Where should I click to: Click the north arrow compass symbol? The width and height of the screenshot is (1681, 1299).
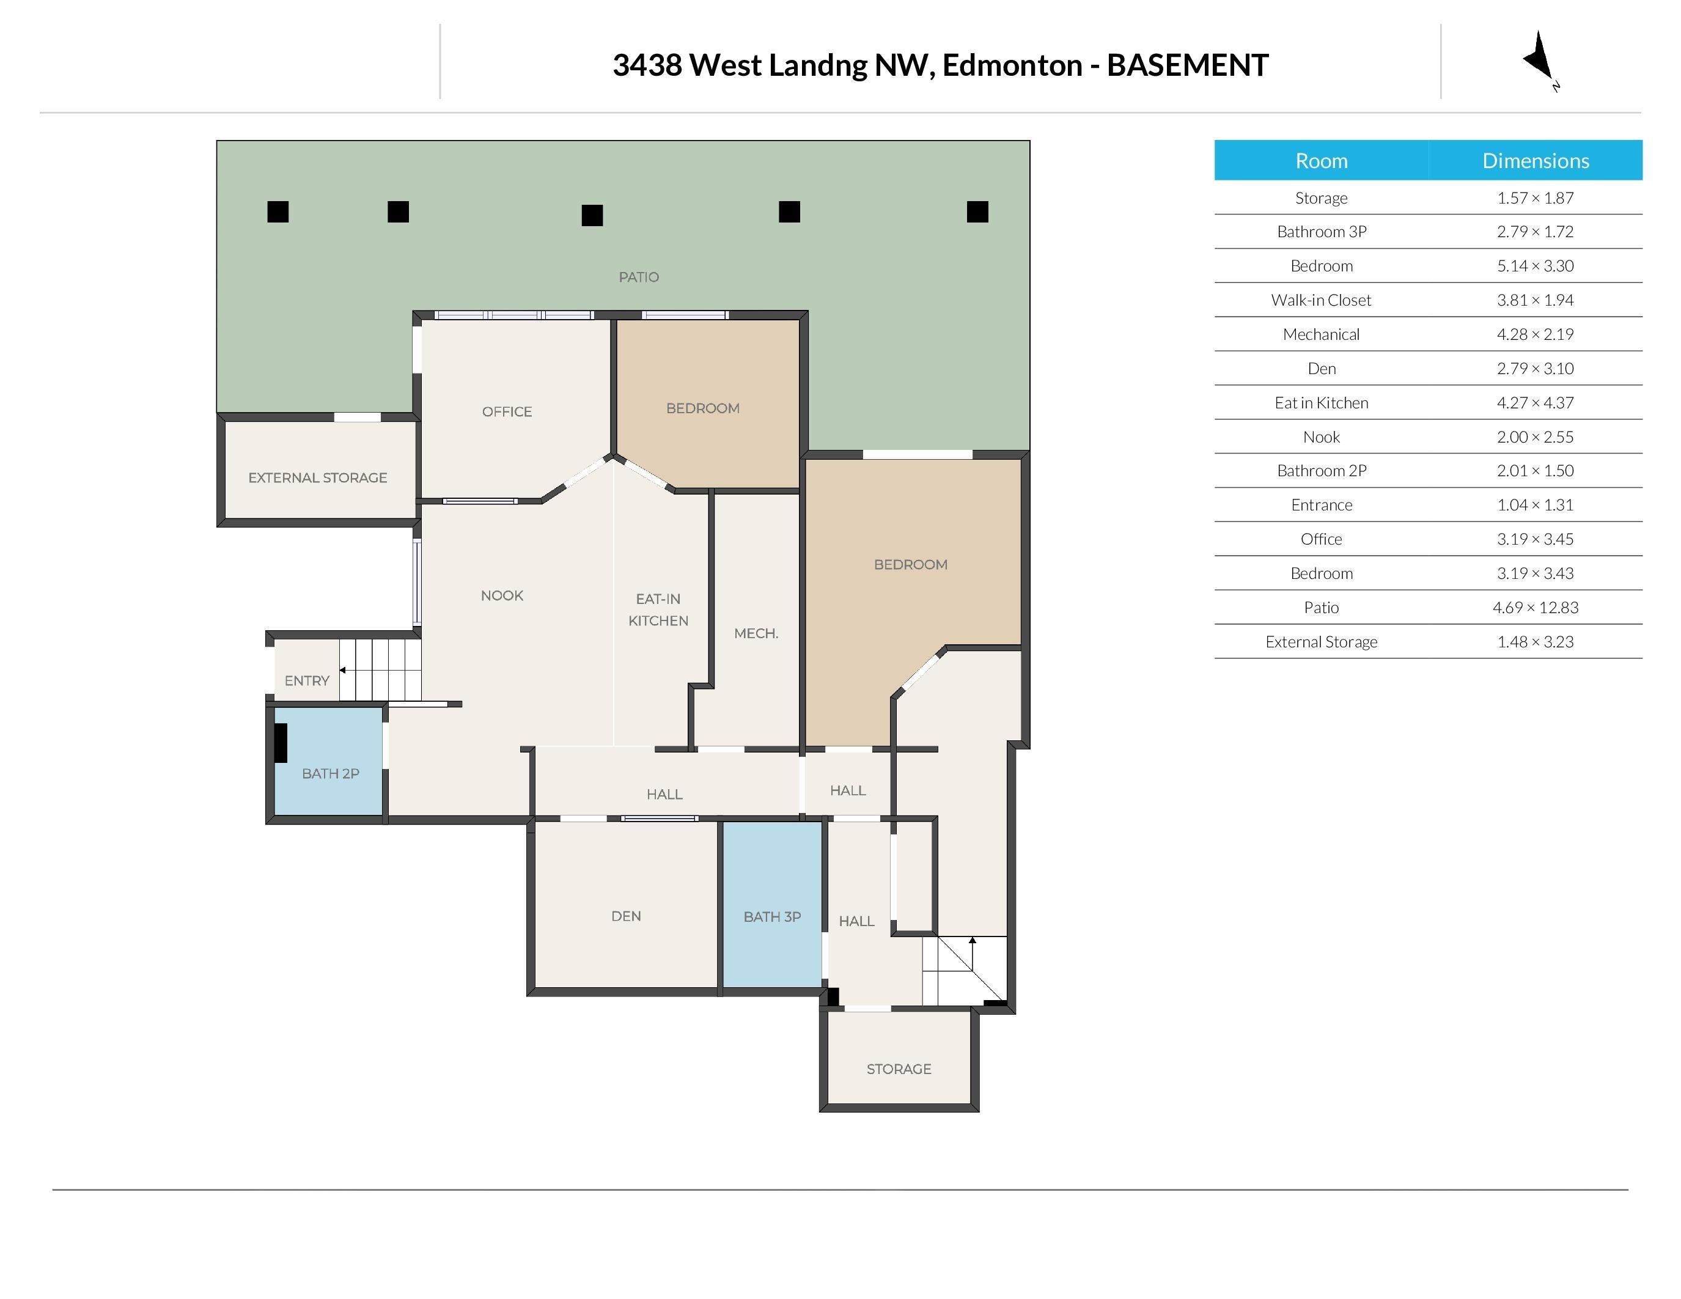pyautogui.click(x=1539, y=59)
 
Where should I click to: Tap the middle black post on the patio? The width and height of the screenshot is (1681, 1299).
pyautogui.click(x=592, y=215)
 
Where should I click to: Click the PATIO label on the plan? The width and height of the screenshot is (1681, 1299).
pyautogui.click(x=638, y=277)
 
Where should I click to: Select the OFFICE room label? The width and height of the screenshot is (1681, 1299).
pyautogui.click(x=507, y=412)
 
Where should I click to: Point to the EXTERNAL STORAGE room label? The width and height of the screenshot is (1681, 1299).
pyautogui.click(x=317, y=478)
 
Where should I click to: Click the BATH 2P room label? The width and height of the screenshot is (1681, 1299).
pyautogui.click(x=330, y=773)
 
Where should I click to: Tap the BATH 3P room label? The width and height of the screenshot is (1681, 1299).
pyautogui.click(x=772, y=916)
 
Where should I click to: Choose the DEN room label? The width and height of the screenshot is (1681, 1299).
pyautogui.click(x=626, y=916)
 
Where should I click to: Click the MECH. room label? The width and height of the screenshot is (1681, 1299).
pyautogui.click(x=756, y=633)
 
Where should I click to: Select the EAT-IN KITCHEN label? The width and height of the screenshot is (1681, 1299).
pyautogui.click(x=658, y=609)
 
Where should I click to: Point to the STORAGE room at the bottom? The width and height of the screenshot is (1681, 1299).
pyautogui.click(x=898, y=1069)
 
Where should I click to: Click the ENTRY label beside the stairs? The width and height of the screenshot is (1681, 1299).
pyautogui.click(x=306, y=680)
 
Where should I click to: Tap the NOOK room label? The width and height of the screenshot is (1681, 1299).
pyautogui.click(x=502, y=595)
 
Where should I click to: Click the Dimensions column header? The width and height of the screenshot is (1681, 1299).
pyautogui.click(x=1535, y=161)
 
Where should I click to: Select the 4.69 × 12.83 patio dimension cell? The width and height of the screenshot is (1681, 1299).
pyautogui.click(x=1535, y=607)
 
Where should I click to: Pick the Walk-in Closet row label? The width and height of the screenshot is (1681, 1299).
pyautogui.click(x=1321, y=300)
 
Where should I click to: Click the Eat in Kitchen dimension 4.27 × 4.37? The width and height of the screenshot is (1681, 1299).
pyautogui.click(x=1535, y=402)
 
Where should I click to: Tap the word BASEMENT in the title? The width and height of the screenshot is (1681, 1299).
pyautogui.click(x=1187, y=65)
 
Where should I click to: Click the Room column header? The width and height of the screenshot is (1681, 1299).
pyautogui.click(x=1321, y=161)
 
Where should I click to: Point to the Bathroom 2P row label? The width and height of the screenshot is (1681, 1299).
pyautogui.click(x=1321, y=470)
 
